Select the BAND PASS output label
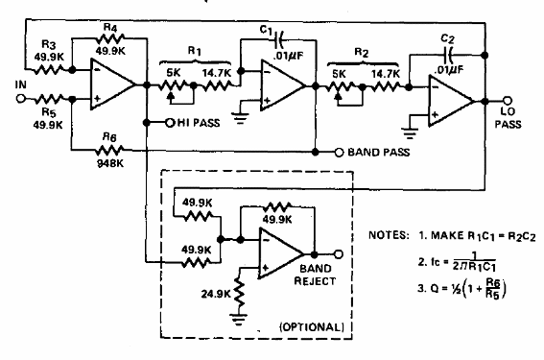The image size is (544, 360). (378, 153)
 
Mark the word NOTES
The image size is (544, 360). (390, 235)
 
